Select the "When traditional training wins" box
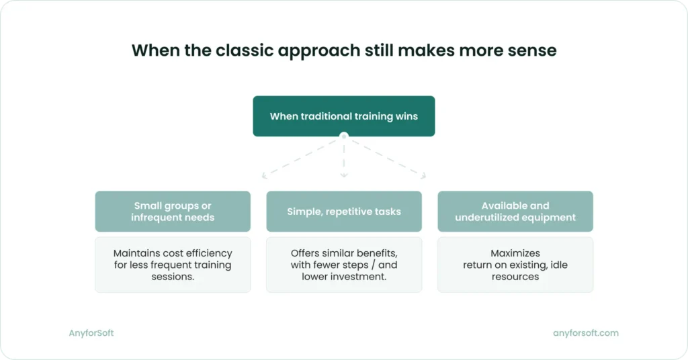click(x=344, y=116)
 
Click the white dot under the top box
click(x=344, y=136)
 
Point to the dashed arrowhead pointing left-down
click(x=265, y=176)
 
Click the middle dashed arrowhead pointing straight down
click(x=344, y=175)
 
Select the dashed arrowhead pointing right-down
click(x=423, y=176)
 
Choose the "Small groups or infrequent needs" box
click(x=173, y=212)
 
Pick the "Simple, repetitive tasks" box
click(x=344, y=212)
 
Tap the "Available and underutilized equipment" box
click(x=515, y=212)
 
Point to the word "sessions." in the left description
click(x=173, y=277)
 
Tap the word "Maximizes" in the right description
click(x=515, y=253)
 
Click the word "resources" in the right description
click(x=515, y=277)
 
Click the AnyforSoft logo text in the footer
click(x=91, y=333)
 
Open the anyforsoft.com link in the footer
click(x=586, y=333)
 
